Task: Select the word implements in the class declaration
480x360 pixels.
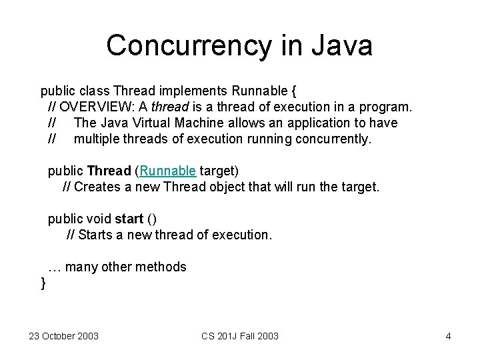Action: (x=195, y=90)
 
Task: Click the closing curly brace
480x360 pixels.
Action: (x=43, y=283)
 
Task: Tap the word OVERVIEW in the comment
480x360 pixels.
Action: (x=97, y=107)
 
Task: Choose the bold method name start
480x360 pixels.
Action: (x=129, y=219)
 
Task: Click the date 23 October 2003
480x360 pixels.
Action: (x=63, y=336)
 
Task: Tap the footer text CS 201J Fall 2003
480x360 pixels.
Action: (x=240, y=336)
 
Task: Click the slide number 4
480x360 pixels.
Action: (x=448, y=336)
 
